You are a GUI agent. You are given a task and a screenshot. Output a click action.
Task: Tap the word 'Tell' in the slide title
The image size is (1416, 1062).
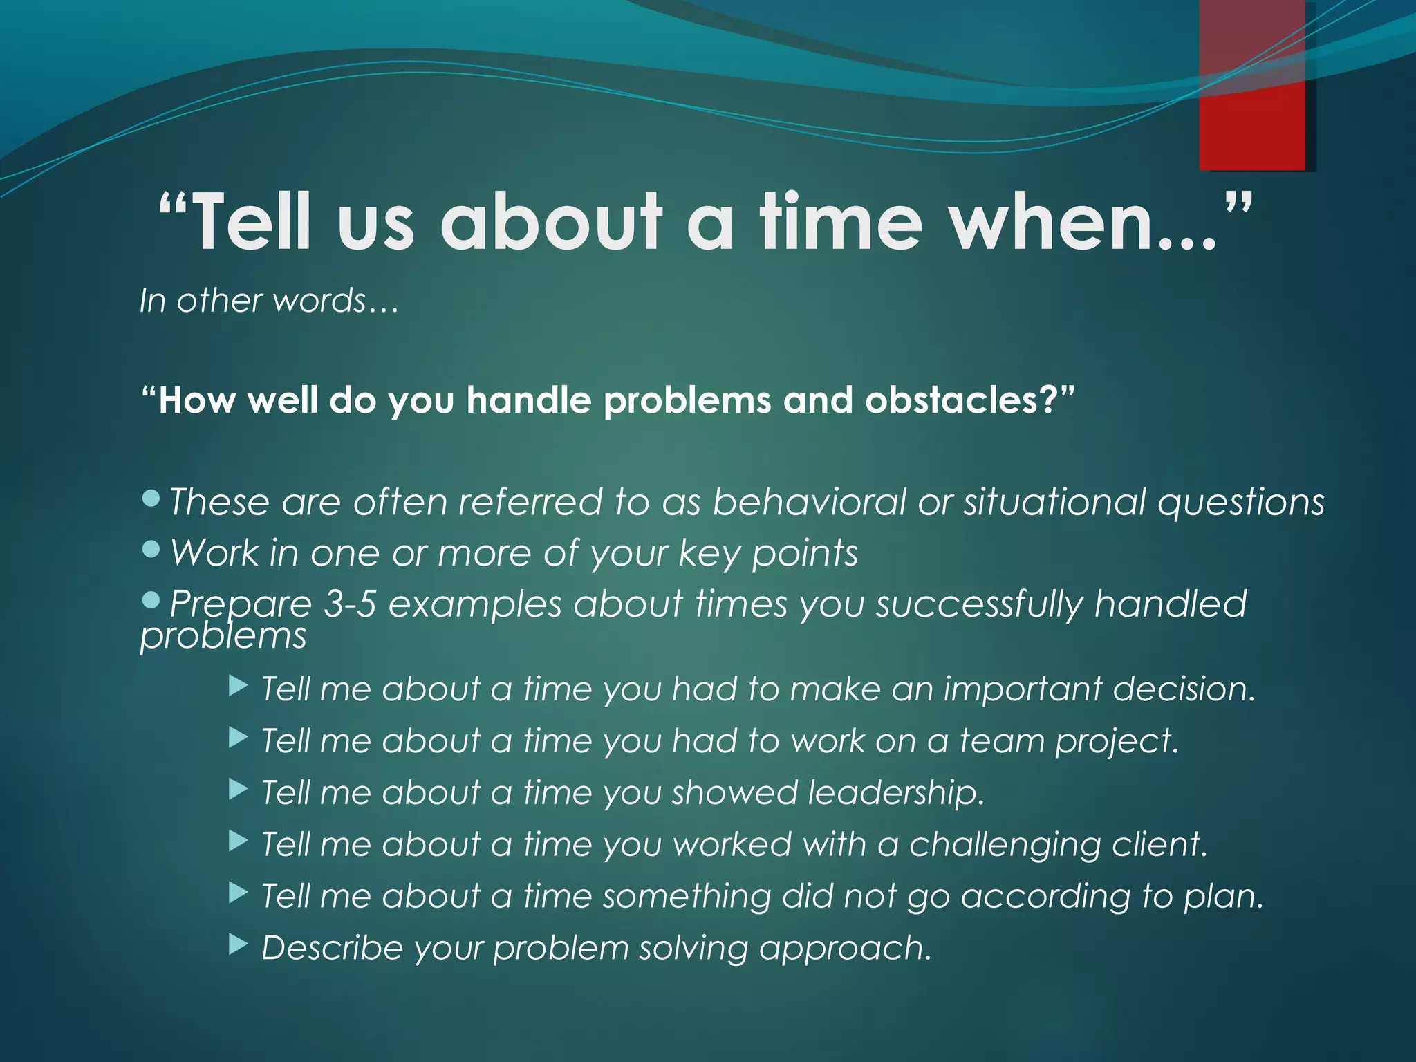coord(249,223)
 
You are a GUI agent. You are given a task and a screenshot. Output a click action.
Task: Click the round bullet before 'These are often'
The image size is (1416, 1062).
coord(151,497)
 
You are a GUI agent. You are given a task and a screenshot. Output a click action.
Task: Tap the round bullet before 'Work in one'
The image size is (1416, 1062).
coord(151,549)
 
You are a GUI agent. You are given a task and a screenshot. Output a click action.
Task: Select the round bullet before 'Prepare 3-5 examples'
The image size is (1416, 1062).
coord(151,599)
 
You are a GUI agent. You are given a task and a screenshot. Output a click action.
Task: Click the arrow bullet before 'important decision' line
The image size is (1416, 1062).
coord(238,687)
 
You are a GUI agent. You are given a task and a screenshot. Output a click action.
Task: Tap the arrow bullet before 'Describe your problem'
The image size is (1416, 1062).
coord(238,945)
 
